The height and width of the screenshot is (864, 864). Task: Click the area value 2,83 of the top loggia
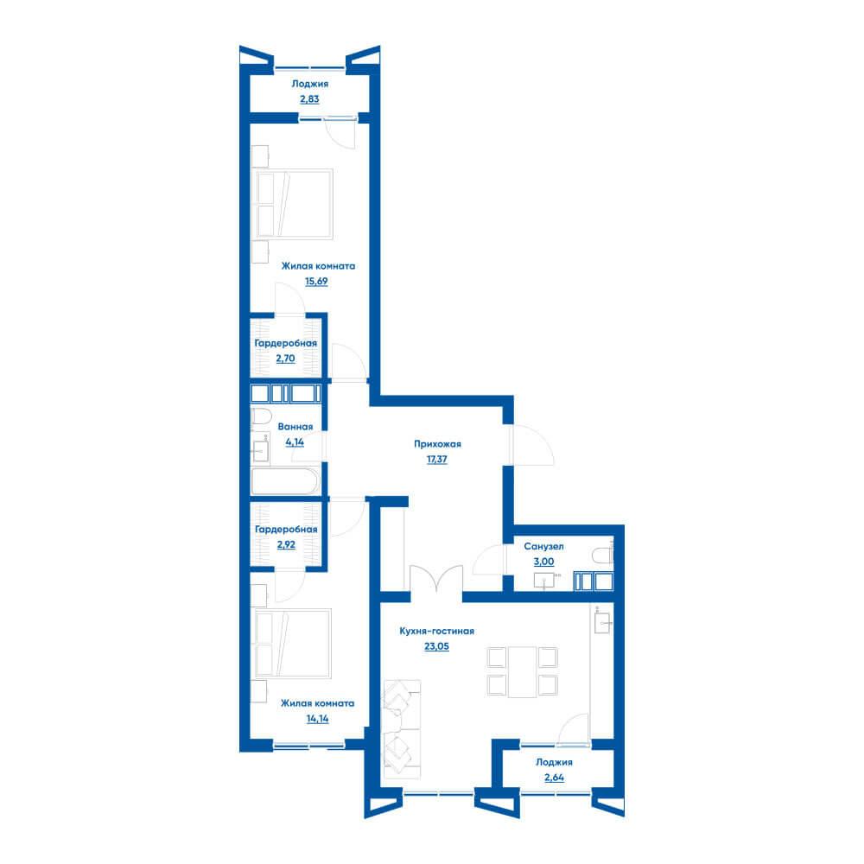309,99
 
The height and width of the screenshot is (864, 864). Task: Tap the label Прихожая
437,443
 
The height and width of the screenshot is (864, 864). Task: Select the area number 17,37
437,459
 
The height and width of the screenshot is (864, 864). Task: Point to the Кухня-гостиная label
436,631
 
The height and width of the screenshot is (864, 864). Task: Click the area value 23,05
436,646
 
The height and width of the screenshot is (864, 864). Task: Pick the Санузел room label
543,547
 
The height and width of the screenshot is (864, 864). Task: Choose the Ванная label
295,427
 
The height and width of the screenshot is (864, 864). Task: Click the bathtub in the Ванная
285,481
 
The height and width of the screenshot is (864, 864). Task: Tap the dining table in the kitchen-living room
523,671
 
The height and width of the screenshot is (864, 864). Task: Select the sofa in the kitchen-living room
401,728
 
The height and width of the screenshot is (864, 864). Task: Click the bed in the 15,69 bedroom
295,204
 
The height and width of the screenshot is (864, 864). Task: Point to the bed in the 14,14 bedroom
293,643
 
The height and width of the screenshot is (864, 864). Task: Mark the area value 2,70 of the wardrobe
285,359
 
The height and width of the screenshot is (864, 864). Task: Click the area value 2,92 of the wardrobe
286,544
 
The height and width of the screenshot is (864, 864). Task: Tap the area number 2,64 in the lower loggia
554,778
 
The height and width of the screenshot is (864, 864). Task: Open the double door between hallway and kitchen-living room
436,580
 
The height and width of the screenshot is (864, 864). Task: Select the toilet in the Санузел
603,555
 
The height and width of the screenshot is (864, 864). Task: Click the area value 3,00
543,562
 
